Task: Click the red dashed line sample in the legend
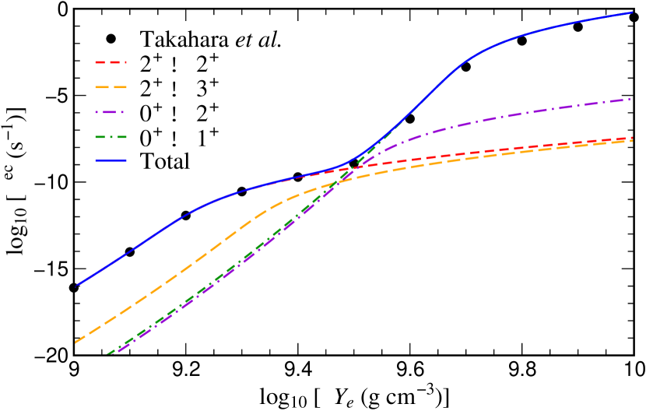click(x=111, y=61)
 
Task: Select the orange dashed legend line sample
click(x=111, y=86)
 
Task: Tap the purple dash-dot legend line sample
click(x=111, y=112)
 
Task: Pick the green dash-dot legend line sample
click(x=111, y=136)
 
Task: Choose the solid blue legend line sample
click(x=111, y=160)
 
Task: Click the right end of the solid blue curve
click(x=632, y=12)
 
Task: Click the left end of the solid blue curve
click(x=75, y=286)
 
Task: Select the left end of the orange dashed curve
click(x=75, y=342)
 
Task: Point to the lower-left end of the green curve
click(x=107, y=354)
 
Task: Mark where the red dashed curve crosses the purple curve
click(x=355, y=167)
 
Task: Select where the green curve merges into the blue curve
click(x=393, y=128)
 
